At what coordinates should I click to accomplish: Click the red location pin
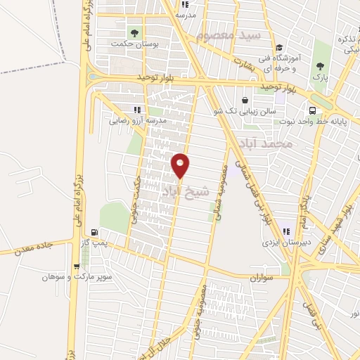click(181, 166)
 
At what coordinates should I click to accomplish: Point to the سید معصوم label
click(229, 35)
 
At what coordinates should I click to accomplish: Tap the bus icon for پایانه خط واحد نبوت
click(311, 110)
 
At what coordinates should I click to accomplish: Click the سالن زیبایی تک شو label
click(244, 111)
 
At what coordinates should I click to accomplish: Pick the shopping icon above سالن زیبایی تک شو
click(245, 100)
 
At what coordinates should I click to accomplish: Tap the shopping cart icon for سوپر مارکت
click(77, 266)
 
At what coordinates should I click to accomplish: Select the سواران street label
click(259, 277)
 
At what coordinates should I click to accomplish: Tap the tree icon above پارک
click(321, 66)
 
